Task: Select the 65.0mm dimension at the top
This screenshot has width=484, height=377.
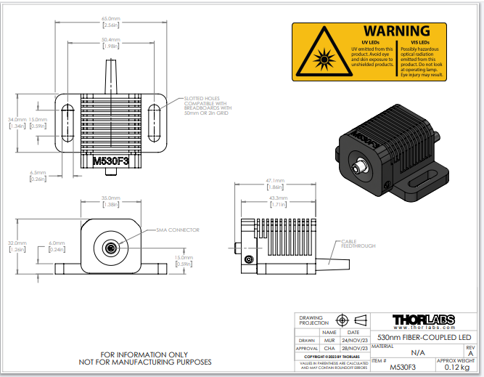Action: click(x=110, y=18)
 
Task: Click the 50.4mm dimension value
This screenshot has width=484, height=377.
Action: click(x=110, y=39)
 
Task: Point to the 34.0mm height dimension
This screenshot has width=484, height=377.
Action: click(x=17, y=119)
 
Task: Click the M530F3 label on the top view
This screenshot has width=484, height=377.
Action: click(x=110, y=161)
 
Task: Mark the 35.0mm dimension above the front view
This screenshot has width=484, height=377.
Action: click(x=110, y=198)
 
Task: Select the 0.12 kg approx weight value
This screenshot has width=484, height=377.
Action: click(x=455, y=368)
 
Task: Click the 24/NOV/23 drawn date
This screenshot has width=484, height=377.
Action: click(x=353, y=340)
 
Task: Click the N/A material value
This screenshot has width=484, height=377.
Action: click(x=418, y=352)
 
